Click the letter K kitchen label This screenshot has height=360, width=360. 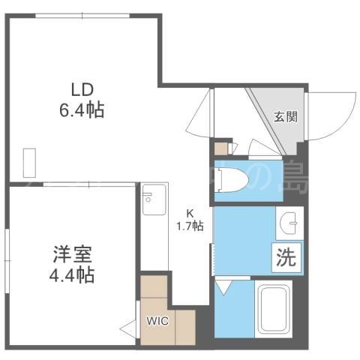190,213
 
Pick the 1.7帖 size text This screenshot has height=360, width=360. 190,226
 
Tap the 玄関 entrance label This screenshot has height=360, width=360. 283,116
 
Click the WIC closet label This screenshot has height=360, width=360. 157,321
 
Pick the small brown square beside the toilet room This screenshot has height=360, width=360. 220,148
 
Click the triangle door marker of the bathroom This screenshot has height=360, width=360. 224,287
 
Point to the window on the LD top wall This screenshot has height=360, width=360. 82,14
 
